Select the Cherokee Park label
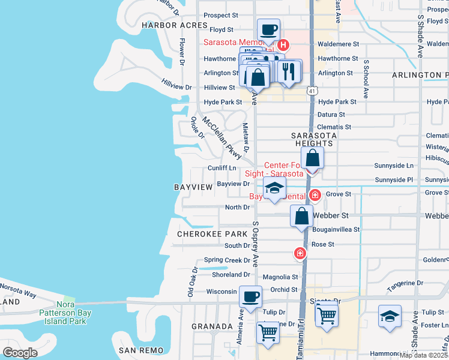(x=203, y=233)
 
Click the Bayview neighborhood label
(x=193, y=188)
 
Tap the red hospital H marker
(x=283, y=44)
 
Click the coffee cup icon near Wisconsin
(x=250, y=296)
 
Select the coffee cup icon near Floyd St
(x=268, y=29)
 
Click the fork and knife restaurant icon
(x=289, y=71)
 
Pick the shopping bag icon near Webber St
(x=301, y=216)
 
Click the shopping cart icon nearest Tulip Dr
(x=327, y=314)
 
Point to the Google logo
(x=20, y=352)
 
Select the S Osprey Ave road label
(x=256, y=244)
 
